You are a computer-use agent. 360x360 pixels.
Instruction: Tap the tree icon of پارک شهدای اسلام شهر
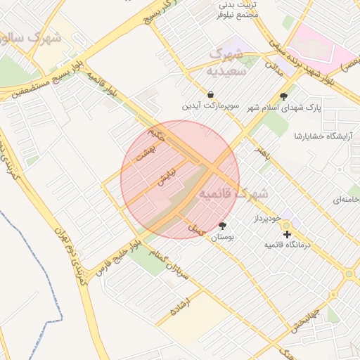[x=283, y=97]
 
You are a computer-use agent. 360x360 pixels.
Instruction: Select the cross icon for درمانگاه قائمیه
[x=287, y=234]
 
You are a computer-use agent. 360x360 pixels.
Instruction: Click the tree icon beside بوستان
[x=223, y=226]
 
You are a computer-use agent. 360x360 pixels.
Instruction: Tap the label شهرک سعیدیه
[x=226, y=63]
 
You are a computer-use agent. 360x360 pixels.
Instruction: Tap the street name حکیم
[x=156, y=135]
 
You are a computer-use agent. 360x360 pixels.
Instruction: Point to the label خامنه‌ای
[x=339, y=200]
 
